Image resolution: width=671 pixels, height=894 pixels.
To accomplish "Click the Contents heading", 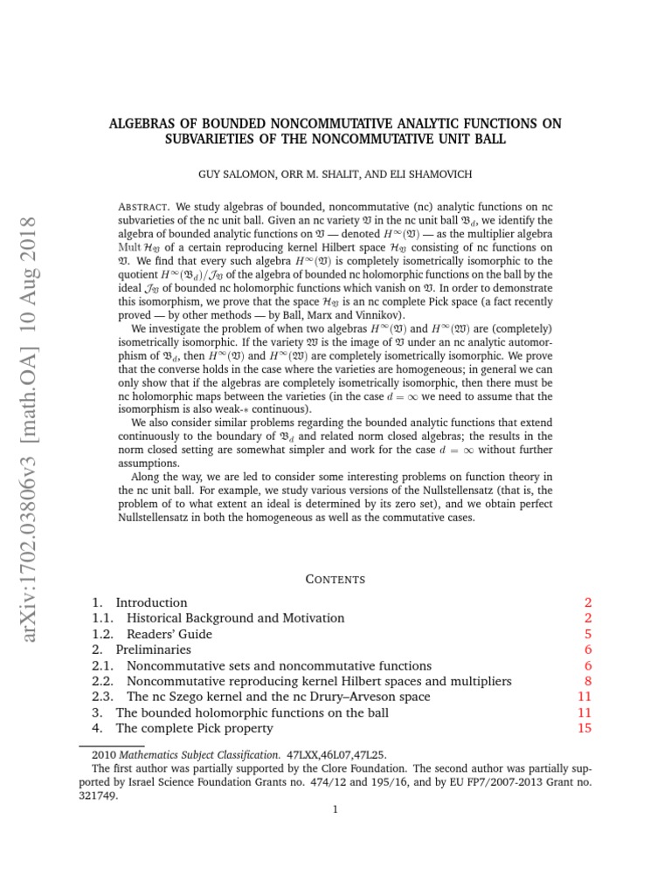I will (335, 579).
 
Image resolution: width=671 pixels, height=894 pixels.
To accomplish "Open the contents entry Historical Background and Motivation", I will (235, 618).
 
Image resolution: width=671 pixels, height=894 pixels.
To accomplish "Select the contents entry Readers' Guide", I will (169, 634).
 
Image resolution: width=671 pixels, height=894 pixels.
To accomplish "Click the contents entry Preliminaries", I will (153, 650).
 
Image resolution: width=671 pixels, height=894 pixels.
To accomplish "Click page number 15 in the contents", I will (585, 728).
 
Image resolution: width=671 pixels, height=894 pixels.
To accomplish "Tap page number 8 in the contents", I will (589, 681).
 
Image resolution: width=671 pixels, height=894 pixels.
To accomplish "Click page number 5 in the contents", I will (589, 634).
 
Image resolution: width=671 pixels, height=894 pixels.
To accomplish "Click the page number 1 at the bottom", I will (335, 809).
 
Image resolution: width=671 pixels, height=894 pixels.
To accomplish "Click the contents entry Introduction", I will (151, 602).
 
